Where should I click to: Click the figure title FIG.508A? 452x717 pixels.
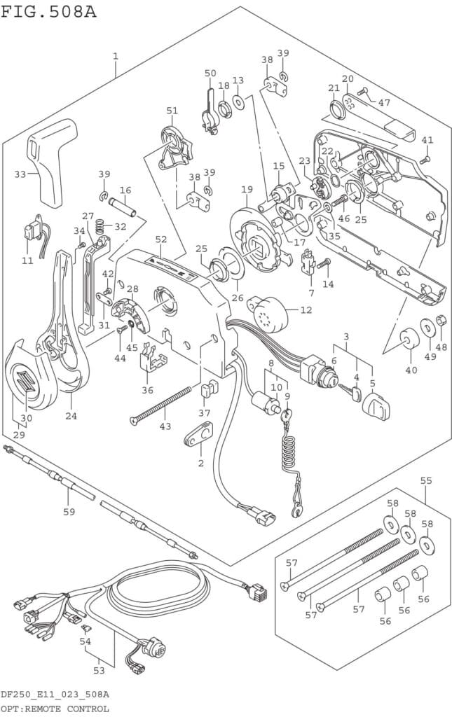[48, 11]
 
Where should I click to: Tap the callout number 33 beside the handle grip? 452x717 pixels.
[20, 174]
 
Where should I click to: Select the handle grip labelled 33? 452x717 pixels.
[53, 162]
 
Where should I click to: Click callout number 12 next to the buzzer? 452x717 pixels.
[306, 310]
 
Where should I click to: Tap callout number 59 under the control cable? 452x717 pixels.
[69, 511]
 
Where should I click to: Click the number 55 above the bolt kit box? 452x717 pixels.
[426, 480]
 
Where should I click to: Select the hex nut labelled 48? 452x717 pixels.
[441, 321]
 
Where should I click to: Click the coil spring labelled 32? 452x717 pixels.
[100, 225]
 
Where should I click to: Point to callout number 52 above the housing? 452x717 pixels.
[161, 239]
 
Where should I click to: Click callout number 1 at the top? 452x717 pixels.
[116, 56]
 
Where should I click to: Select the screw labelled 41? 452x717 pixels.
[425, 160]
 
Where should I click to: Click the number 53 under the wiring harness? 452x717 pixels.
[99, 670]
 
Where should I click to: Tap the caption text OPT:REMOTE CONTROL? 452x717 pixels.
[55, 709]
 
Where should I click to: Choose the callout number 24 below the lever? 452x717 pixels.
[71, 416]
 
